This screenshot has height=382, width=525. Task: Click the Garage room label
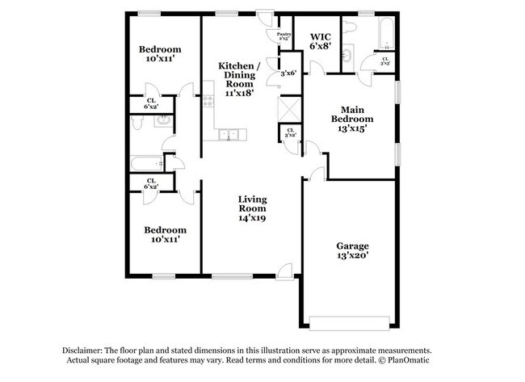click(352, 251)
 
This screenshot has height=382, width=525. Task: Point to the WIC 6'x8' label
click(321, 42)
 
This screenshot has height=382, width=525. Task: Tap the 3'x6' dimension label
click(288, 73)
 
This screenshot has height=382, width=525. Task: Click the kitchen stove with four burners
click(208, 102)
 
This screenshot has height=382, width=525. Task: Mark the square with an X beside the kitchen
click(288, 107)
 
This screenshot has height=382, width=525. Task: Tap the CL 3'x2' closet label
click(289, 133)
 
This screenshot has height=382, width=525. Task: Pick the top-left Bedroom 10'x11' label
click(158, 54)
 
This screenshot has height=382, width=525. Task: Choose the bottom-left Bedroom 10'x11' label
click(164, 234)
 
